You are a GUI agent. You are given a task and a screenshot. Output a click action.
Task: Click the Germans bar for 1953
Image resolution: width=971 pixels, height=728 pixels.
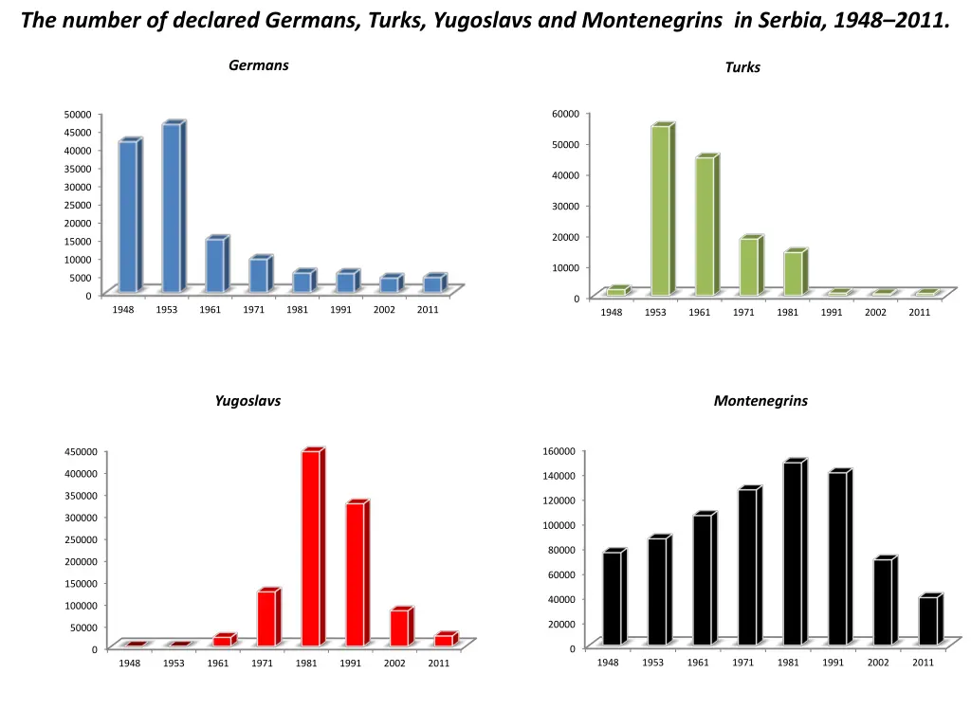click(172, 208)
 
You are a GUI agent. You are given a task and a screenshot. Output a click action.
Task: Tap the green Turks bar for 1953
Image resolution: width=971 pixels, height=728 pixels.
click(660, 209)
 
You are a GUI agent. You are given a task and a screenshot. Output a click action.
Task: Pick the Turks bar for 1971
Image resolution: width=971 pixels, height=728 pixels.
click(748, 266)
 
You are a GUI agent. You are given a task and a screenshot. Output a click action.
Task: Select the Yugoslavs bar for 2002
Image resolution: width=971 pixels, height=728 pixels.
click(399, 628)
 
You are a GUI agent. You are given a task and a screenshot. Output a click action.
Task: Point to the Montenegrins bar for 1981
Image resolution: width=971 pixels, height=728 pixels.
click(792, 554)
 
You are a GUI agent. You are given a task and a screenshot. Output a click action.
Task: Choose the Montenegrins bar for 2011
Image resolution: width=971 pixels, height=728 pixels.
click(927, 621)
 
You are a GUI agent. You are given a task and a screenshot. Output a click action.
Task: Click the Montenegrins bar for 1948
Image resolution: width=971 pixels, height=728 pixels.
click(612, 598)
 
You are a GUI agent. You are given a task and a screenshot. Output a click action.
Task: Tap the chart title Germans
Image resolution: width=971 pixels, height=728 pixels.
click(259, 65)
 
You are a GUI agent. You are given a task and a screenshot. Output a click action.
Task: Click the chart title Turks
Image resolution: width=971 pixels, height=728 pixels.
click(742, 67)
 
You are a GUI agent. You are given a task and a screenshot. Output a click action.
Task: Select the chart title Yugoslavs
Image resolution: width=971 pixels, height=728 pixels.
click(247, 401)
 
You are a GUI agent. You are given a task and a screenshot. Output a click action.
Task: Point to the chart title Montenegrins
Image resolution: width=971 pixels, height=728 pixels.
click(760, 401)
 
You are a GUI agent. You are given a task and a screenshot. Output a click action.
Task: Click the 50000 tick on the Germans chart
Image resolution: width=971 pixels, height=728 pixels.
click(78, 115)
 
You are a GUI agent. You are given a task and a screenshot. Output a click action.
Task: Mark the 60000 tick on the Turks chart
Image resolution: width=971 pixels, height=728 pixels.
click(565, 114)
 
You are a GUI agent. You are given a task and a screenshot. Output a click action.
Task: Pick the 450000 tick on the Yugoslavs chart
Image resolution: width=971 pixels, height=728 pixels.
click(81, 451)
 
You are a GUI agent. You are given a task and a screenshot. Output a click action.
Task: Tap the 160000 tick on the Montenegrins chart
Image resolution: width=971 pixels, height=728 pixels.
click(559, 450)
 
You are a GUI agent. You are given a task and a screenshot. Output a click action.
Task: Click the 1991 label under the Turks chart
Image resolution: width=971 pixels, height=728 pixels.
click(832, 313)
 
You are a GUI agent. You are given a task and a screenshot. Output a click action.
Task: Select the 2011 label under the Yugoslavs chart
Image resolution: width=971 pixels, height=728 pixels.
click(438, 664)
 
